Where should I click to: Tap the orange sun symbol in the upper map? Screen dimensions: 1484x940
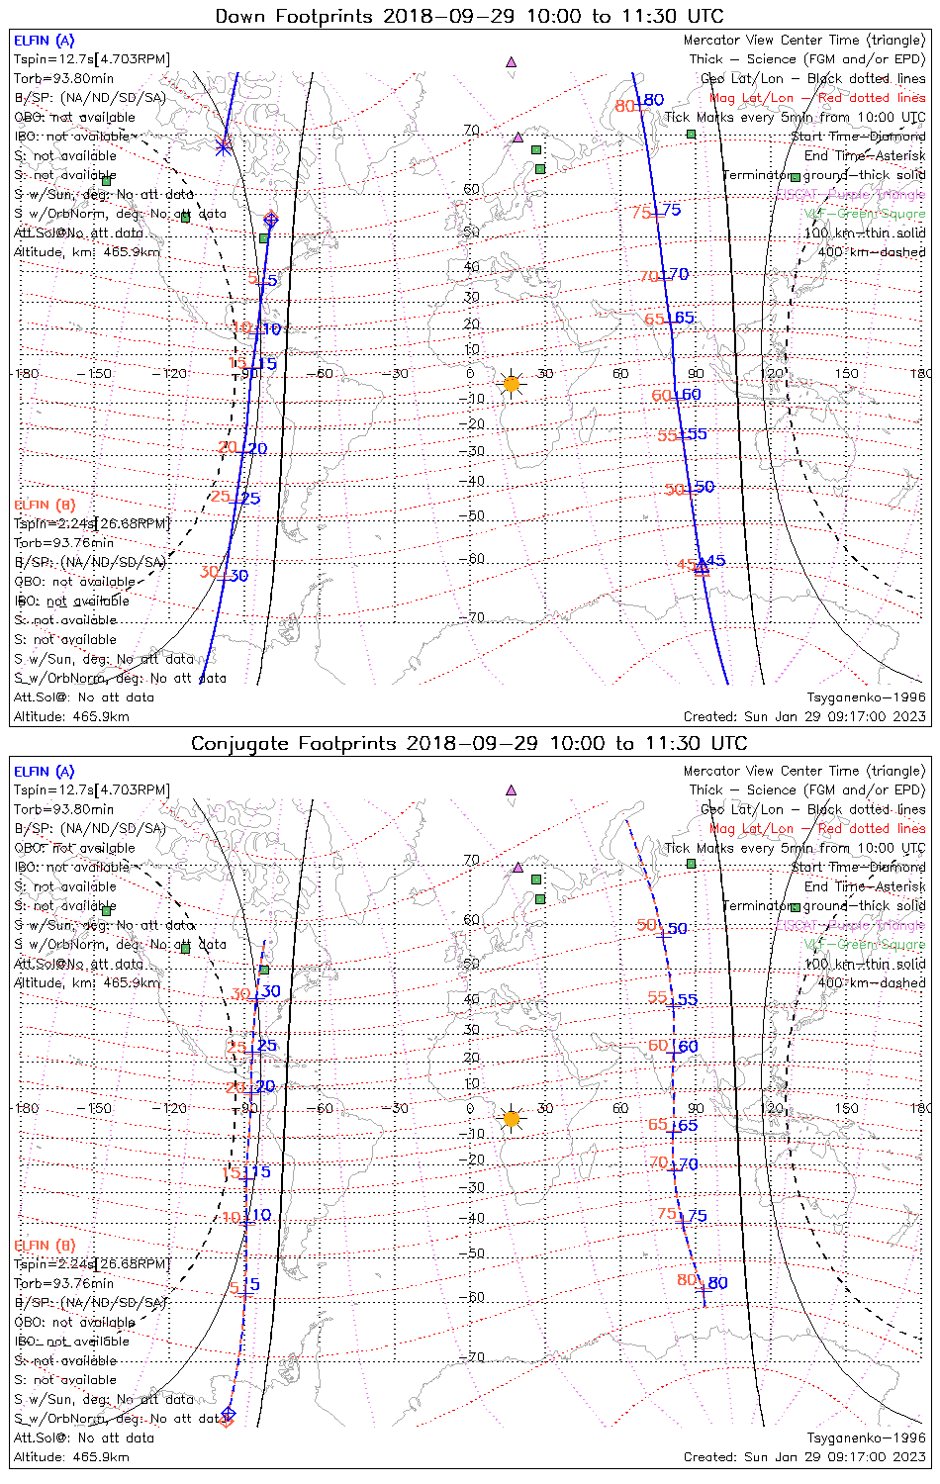(x=512, y=384)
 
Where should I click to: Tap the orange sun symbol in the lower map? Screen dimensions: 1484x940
(x=512, y=1119)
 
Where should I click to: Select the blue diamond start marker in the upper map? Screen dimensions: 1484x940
(x=271, y=220)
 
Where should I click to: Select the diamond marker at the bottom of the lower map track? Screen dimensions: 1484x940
(x=228, y=1415)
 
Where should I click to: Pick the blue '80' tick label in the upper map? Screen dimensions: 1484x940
(x=653, y=100)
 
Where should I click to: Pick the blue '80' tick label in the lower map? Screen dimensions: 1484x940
(x=717, y=1283)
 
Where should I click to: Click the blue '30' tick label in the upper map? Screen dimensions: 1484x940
(x=238, y=576)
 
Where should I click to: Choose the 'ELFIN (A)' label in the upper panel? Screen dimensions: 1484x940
(x=44, y=41)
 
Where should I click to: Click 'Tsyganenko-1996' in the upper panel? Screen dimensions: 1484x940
(x=866, y=697)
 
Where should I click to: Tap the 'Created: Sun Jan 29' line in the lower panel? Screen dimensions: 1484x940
(x=804, y=1456)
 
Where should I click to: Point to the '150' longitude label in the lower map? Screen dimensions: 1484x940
(x=846, y=1108)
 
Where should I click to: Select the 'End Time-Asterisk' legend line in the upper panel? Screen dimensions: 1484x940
(x=865, y=155)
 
